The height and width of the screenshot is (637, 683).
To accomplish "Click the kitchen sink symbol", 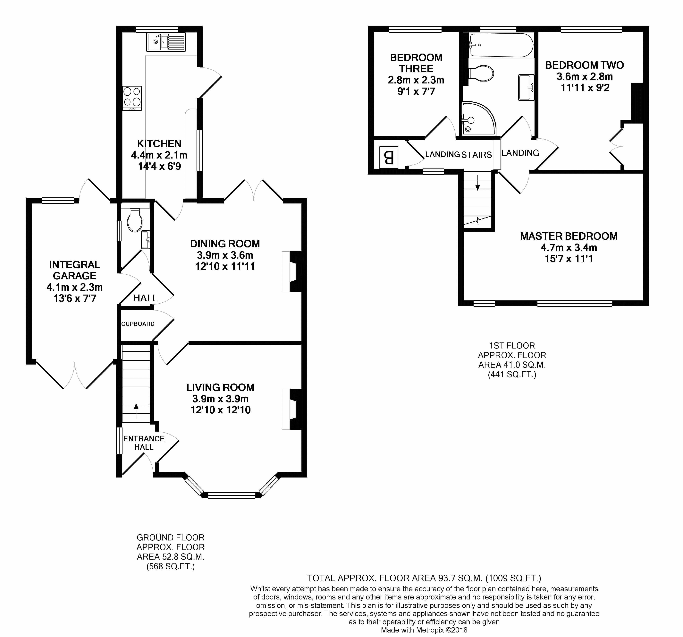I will (166, 42).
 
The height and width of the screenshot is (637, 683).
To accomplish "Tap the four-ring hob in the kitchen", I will (132, 97).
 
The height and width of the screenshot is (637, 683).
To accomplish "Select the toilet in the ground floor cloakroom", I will (134, 220).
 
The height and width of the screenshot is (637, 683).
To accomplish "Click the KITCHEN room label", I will (159, 144).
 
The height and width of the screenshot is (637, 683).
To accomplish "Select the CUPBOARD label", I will (138, 324).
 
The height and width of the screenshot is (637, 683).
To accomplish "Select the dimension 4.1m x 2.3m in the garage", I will (75, 287).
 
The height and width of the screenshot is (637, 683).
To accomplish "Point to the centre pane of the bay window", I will (232, 495).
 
